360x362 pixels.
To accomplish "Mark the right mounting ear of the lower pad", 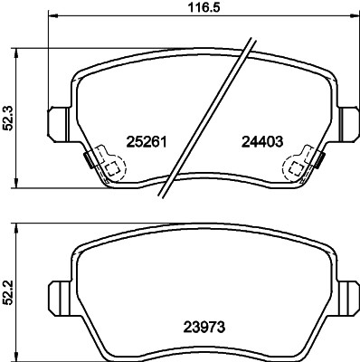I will [346, 293].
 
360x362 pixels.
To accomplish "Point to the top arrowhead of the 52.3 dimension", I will [26, 46].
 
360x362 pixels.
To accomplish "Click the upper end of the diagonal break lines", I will [247, 38].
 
